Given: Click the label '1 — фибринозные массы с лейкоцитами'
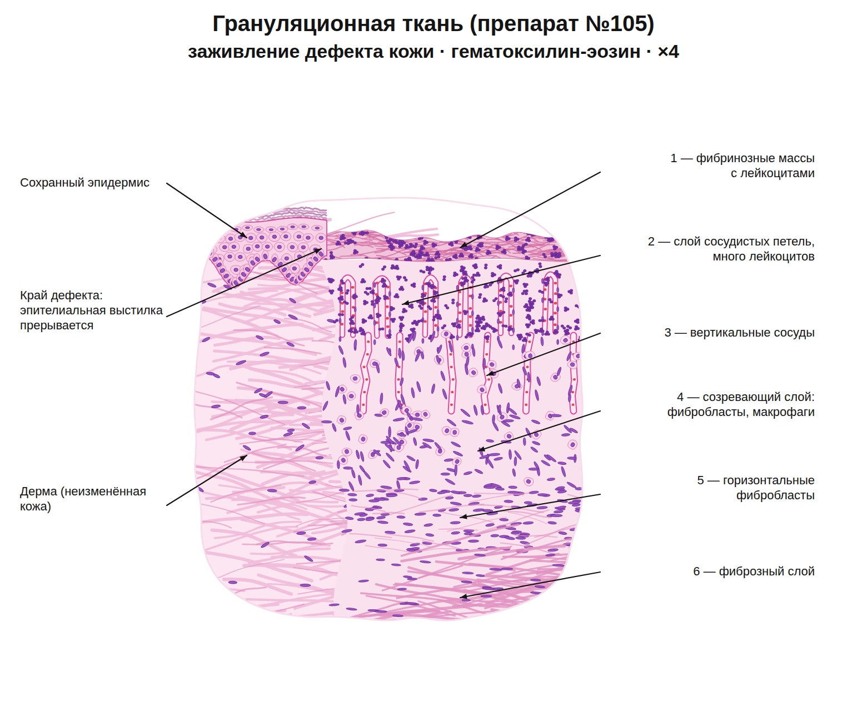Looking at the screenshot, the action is click(x=742, y=165).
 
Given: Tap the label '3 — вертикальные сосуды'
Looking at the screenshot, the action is click(x=739, y=332).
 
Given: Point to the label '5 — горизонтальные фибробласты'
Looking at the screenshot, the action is click(x=756, y=487).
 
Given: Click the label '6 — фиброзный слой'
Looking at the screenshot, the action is click(x=753, y=571).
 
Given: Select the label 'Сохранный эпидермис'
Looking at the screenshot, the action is click(x=84, y=183).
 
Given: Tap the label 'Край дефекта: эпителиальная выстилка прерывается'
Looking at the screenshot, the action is click(x=91, y=310).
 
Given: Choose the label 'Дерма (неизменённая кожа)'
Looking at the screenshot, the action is click(x=83, y=498).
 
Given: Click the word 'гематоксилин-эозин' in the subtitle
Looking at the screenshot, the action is click(x=545, y=52).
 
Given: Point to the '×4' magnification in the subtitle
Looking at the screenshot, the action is click(x=668, y=52).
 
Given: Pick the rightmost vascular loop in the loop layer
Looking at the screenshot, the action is click(x=550, y=303).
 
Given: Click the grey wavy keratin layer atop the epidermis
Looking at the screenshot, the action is click(x=291, y=214).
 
